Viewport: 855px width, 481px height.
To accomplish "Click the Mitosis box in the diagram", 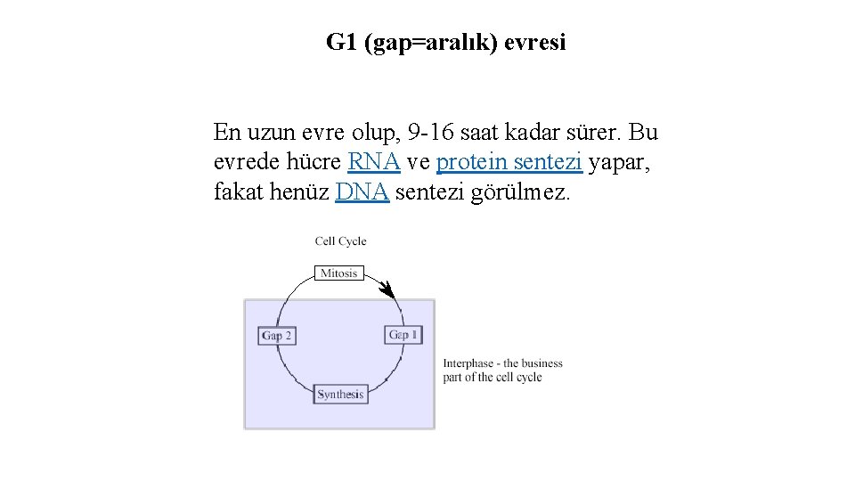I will pos(338,273).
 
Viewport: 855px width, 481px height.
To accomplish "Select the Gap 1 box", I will pos(403,335).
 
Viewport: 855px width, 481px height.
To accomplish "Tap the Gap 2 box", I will pos(277,336).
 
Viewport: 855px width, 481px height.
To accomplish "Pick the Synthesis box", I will pos(340,394).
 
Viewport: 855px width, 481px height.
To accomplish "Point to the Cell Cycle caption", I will pos(340,241).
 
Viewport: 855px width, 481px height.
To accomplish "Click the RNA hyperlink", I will pos(374,162).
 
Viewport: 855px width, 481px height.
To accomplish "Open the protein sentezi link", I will pos(509,162).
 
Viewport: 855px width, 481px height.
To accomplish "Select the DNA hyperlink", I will pos(362,192).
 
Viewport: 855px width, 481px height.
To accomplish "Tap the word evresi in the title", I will pos(535,42).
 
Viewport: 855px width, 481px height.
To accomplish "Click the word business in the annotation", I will pos(542,363).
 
